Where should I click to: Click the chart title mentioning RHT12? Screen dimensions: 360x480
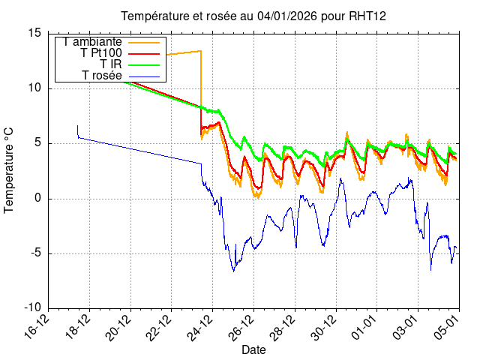(x=253, y=16)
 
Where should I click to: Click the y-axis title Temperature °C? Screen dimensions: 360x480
(x=10, y=169)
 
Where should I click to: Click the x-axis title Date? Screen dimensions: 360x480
(x=253, y=350)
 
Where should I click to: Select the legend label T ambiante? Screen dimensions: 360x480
(x=93, y=42)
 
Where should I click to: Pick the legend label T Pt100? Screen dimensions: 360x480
(x=100, y=53)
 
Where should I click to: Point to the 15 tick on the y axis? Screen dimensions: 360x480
(x=34, y=33)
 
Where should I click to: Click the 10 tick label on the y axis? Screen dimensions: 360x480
(x=34, y=88)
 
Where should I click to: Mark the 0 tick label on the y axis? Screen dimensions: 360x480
(x=38, y=199)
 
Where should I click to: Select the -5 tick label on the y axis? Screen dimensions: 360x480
(x=35, y=253)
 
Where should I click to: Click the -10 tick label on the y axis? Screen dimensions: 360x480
(x=32, y=308)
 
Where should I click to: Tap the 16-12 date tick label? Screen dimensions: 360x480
(x=37, y=328)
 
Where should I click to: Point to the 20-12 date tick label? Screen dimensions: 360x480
(x=118, y=328)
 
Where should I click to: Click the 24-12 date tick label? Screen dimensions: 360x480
(x=201, y=328)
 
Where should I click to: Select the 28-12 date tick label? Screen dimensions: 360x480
(x=283, y=328)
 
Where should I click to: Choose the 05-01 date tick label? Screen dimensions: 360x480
(x=447, y=328)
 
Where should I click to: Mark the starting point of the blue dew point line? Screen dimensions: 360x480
(x=77, y=126)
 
